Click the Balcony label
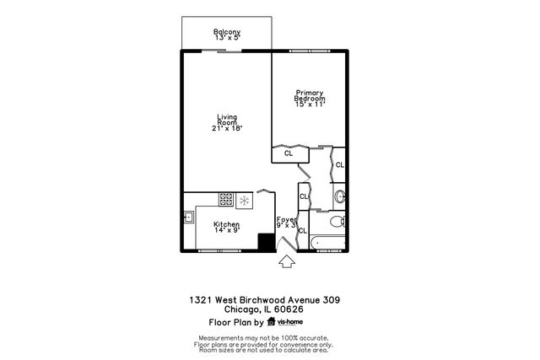click(x=226, y=32)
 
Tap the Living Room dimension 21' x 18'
click(x=226, y=128)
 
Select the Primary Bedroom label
click(x=309, y=95)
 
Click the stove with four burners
click(x=226, y=200)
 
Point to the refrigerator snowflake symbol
click(x=244, y=200)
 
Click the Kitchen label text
click(x=226, y=223)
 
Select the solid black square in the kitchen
click(x=267, y=242)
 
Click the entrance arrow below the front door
click(x=286, y=261)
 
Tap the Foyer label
click(x=287, y=219)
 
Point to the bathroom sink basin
click(x=339, y=197)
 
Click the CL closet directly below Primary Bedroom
click(x=289, y=153)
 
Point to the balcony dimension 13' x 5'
click(x=226, y=38)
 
